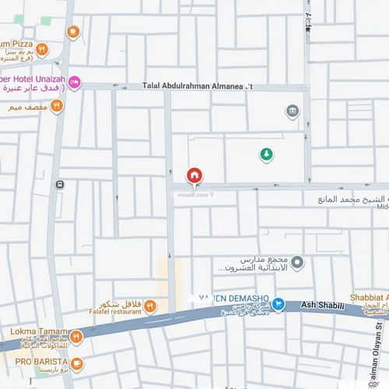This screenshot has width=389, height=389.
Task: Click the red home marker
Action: [x=194, y=176]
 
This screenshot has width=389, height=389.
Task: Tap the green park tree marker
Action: [x=266, y=154]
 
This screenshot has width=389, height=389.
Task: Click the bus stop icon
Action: [x=60, y=184]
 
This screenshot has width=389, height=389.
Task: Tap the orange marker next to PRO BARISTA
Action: [x=76, y=363]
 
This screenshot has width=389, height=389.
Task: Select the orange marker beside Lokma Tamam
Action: [x=75, y=336]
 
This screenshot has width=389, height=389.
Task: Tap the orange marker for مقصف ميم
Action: [x=56, y=106]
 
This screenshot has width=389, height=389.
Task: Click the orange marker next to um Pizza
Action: [x=42, y=49]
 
